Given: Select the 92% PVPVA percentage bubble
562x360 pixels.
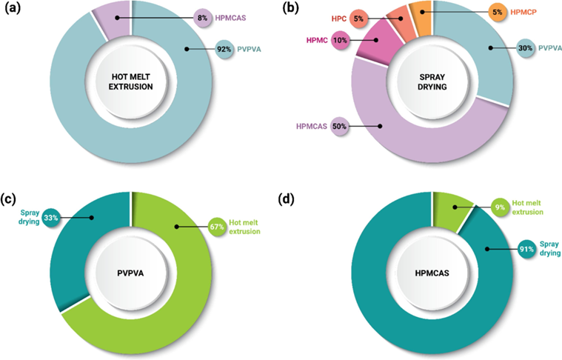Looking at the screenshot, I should click(221, 50).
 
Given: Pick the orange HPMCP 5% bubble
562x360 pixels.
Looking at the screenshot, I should click(498, 13).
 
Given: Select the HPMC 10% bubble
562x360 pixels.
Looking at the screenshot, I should click(341, 41).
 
